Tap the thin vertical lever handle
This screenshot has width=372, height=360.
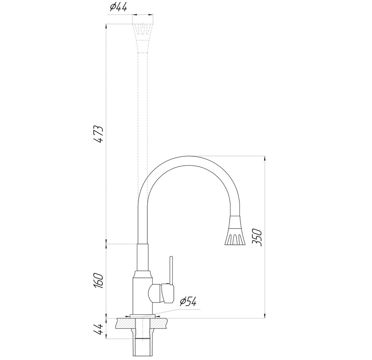click(171, 269)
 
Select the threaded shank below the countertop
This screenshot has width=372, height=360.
click(143, 338)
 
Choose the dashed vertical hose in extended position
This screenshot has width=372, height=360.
click(143, 111)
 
